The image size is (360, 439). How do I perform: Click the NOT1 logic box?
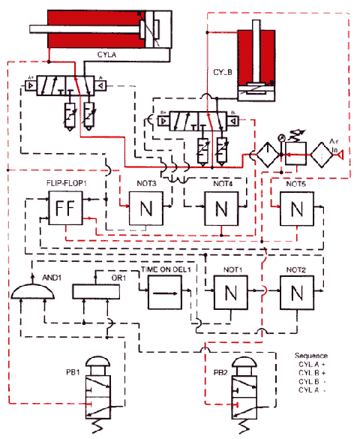tap(230, 292)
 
